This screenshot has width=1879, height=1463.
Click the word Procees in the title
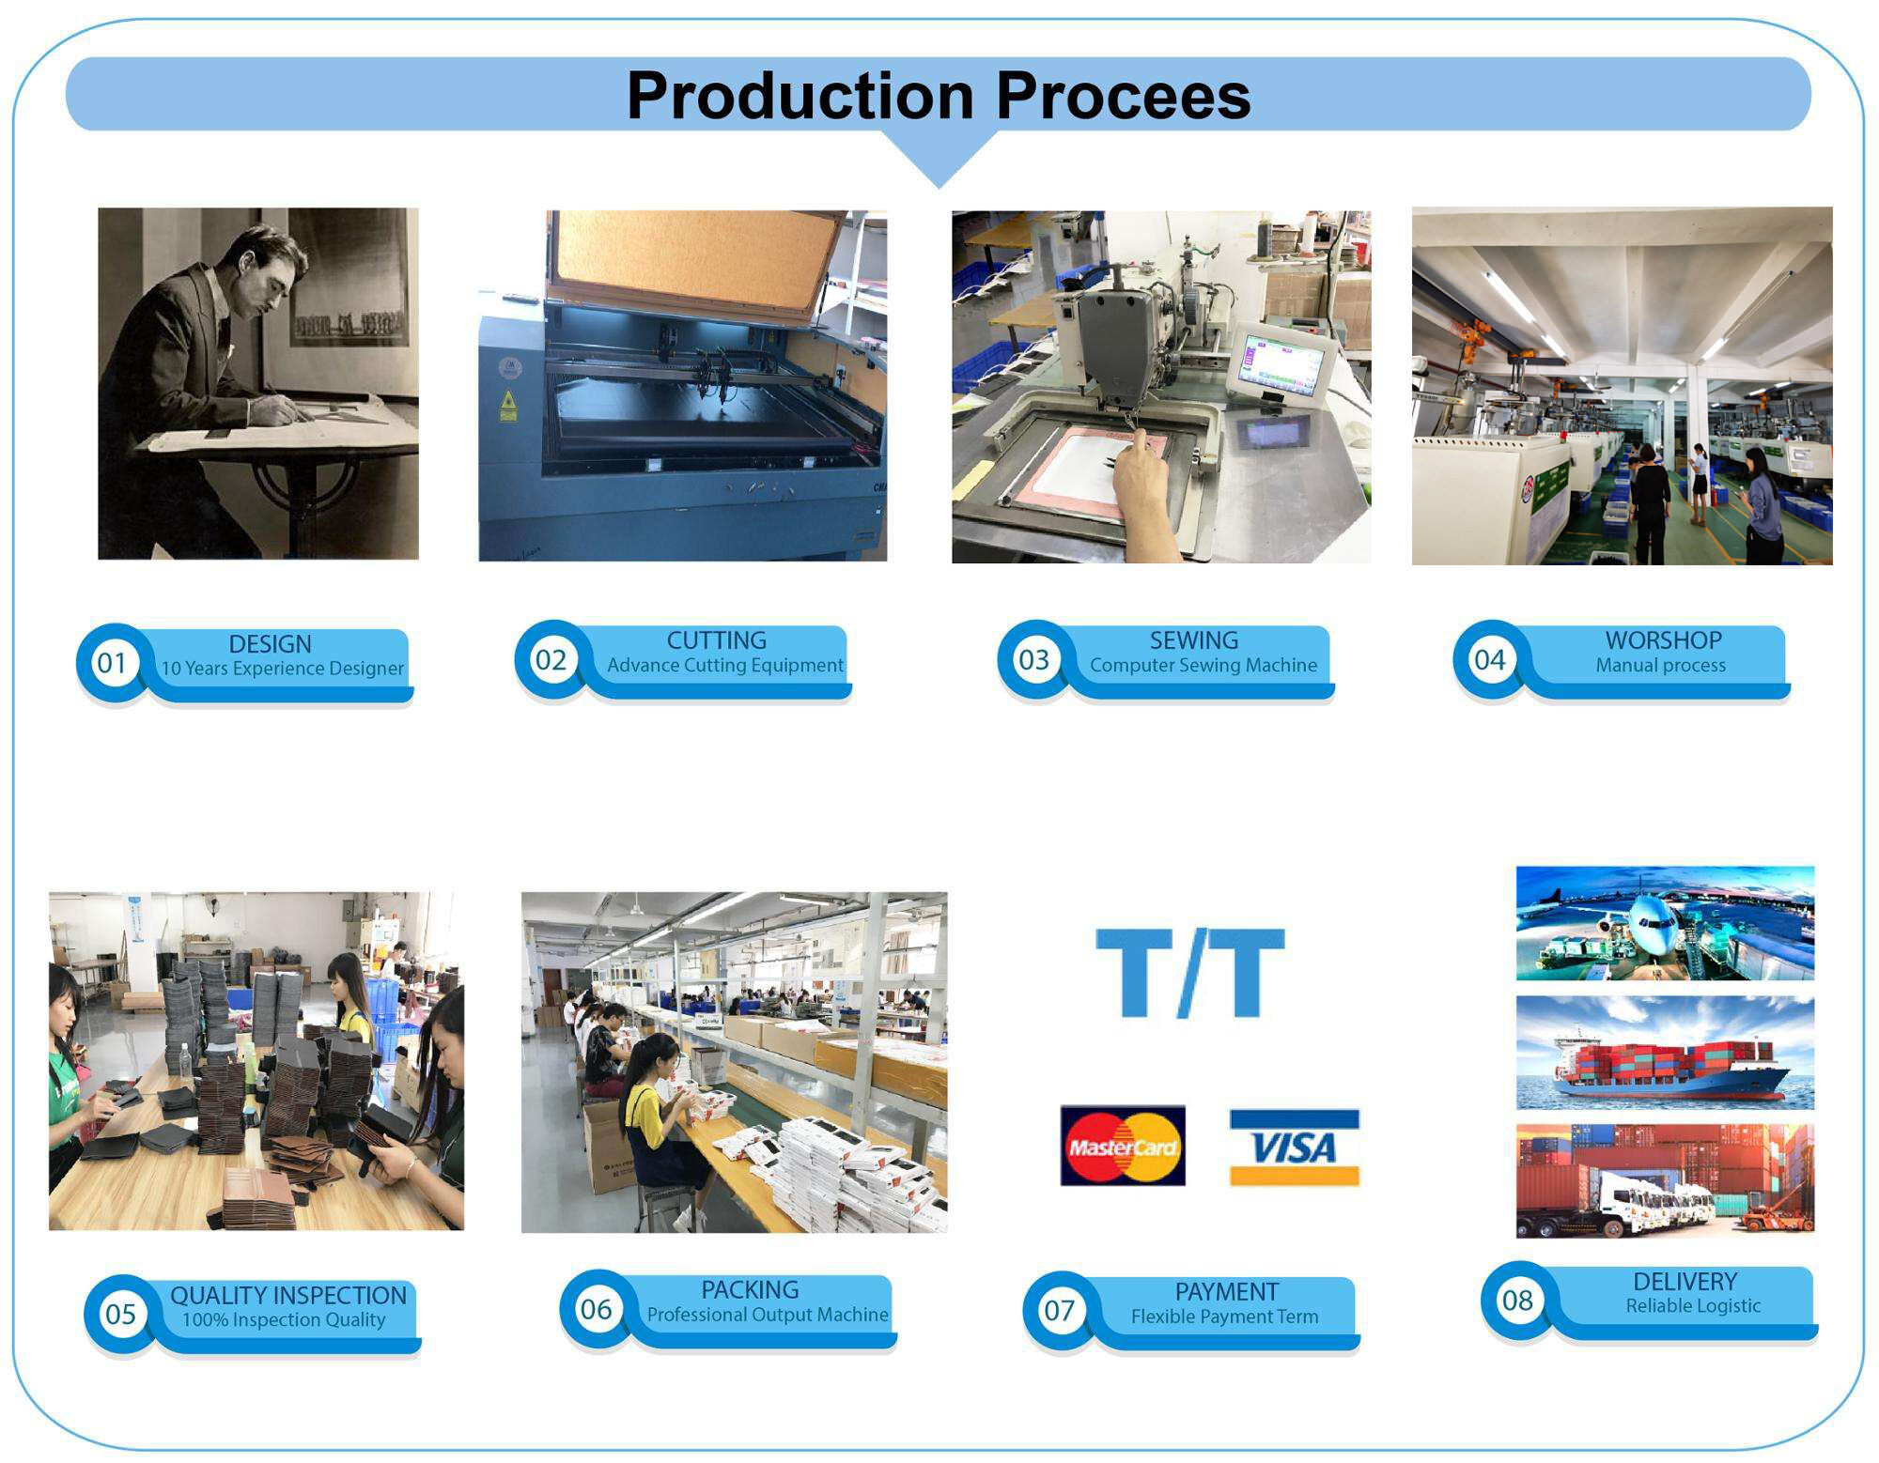1123,96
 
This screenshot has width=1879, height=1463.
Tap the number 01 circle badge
112,663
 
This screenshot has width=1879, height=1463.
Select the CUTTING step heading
716,640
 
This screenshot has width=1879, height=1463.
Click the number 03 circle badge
1033,659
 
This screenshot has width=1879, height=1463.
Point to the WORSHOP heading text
1663,640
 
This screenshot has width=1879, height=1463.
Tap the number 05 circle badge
120,1314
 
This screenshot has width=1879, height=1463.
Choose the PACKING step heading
750,1290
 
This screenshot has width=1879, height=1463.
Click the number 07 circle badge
1059,1310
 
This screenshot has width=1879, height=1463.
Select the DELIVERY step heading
1685,1282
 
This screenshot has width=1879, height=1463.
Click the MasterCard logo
1123,1146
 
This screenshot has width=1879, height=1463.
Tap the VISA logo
1295,1147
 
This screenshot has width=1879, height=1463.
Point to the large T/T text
1190,973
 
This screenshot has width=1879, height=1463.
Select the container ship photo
1665,1053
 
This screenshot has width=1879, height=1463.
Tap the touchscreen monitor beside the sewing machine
1281,361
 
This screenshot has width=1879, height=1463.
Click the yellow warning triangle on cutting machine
508,399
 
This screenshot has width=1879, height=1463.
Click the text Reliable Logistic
1693,1306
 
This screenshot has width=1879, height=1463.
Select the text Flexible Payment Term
1224,1317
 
